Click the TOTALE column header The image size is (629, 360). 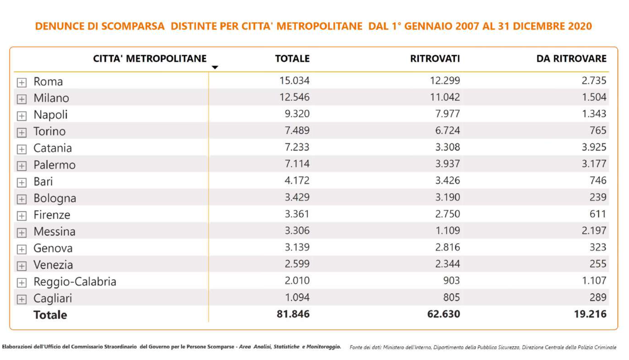tap(292, 59)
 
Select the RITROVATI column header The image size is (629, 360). tap(435, 59)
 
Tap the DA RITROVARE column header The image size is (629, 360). tap(571, 59)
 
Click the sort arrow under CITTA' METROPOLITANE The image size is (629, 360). tap(215, 68)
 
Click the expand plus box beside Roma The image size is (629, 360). tap(22, 83)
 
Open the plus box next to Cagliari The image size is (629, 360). tap(22, 299)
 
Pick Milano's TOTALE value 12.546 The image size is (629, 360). tap(294, 97)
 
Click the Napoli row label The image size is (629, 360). tap(50, 115)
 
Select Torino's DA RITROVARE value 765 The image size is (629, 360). tap(598, 130)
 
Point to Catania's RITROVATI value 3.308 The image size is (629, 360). tap(447, 147)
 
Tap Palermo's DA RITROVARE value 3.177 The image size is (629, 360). tap(594, 164)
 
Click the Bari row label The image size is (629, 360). tap(43, 182)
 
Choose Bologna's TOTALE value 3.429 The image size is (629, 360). tap(297, 197)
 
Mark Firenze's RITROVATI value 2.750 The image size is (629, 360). tap(447, 214)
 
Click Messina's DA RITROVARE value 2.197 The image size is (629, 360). tap(594, 231)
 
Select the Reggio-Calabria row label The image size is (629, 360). tap(74, 282)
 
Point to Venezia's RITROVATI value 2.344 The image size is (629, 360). tap(447, 264)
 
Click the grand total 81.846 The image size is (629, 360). tap(293, 314)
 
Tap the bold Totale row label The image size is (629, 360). tap(50, 315)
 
